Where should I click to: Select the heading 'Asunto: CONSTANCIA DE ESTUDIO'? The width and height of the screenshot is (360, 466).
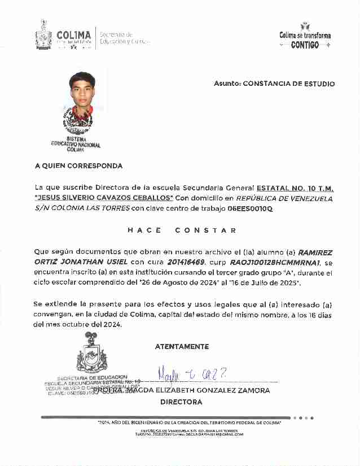(x=274, y=84)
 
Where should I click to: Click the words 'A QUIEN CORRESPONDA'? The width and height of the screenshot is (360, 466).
(x=78, y=166)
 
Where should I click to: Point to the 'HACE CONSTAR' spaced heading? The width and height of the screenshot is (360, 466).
(x=182, y=230)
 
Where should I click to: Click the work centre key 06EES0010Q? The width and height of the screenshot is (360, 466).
(x=250, y=208)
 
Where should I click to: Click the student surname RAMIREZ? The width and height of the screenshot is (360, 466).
(x=315, y=252)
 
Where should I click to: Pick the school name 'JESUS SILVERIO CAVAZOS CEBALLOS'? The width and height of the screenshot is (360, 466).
(x=104, y=198)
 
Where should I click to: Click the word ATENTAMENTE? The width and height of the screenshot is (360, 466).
(x=182, y=347)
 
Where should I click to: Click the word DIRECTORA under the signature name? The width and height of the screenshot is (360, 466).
(x=181, y=402)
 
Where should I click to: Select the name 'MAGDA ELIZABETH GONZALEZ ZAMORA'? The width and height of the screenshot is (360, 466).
(x=197, y=390)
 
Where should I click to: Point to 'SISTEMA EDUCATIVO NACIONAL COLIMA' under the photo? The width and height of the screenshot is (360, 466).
(x=76, y=145)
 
